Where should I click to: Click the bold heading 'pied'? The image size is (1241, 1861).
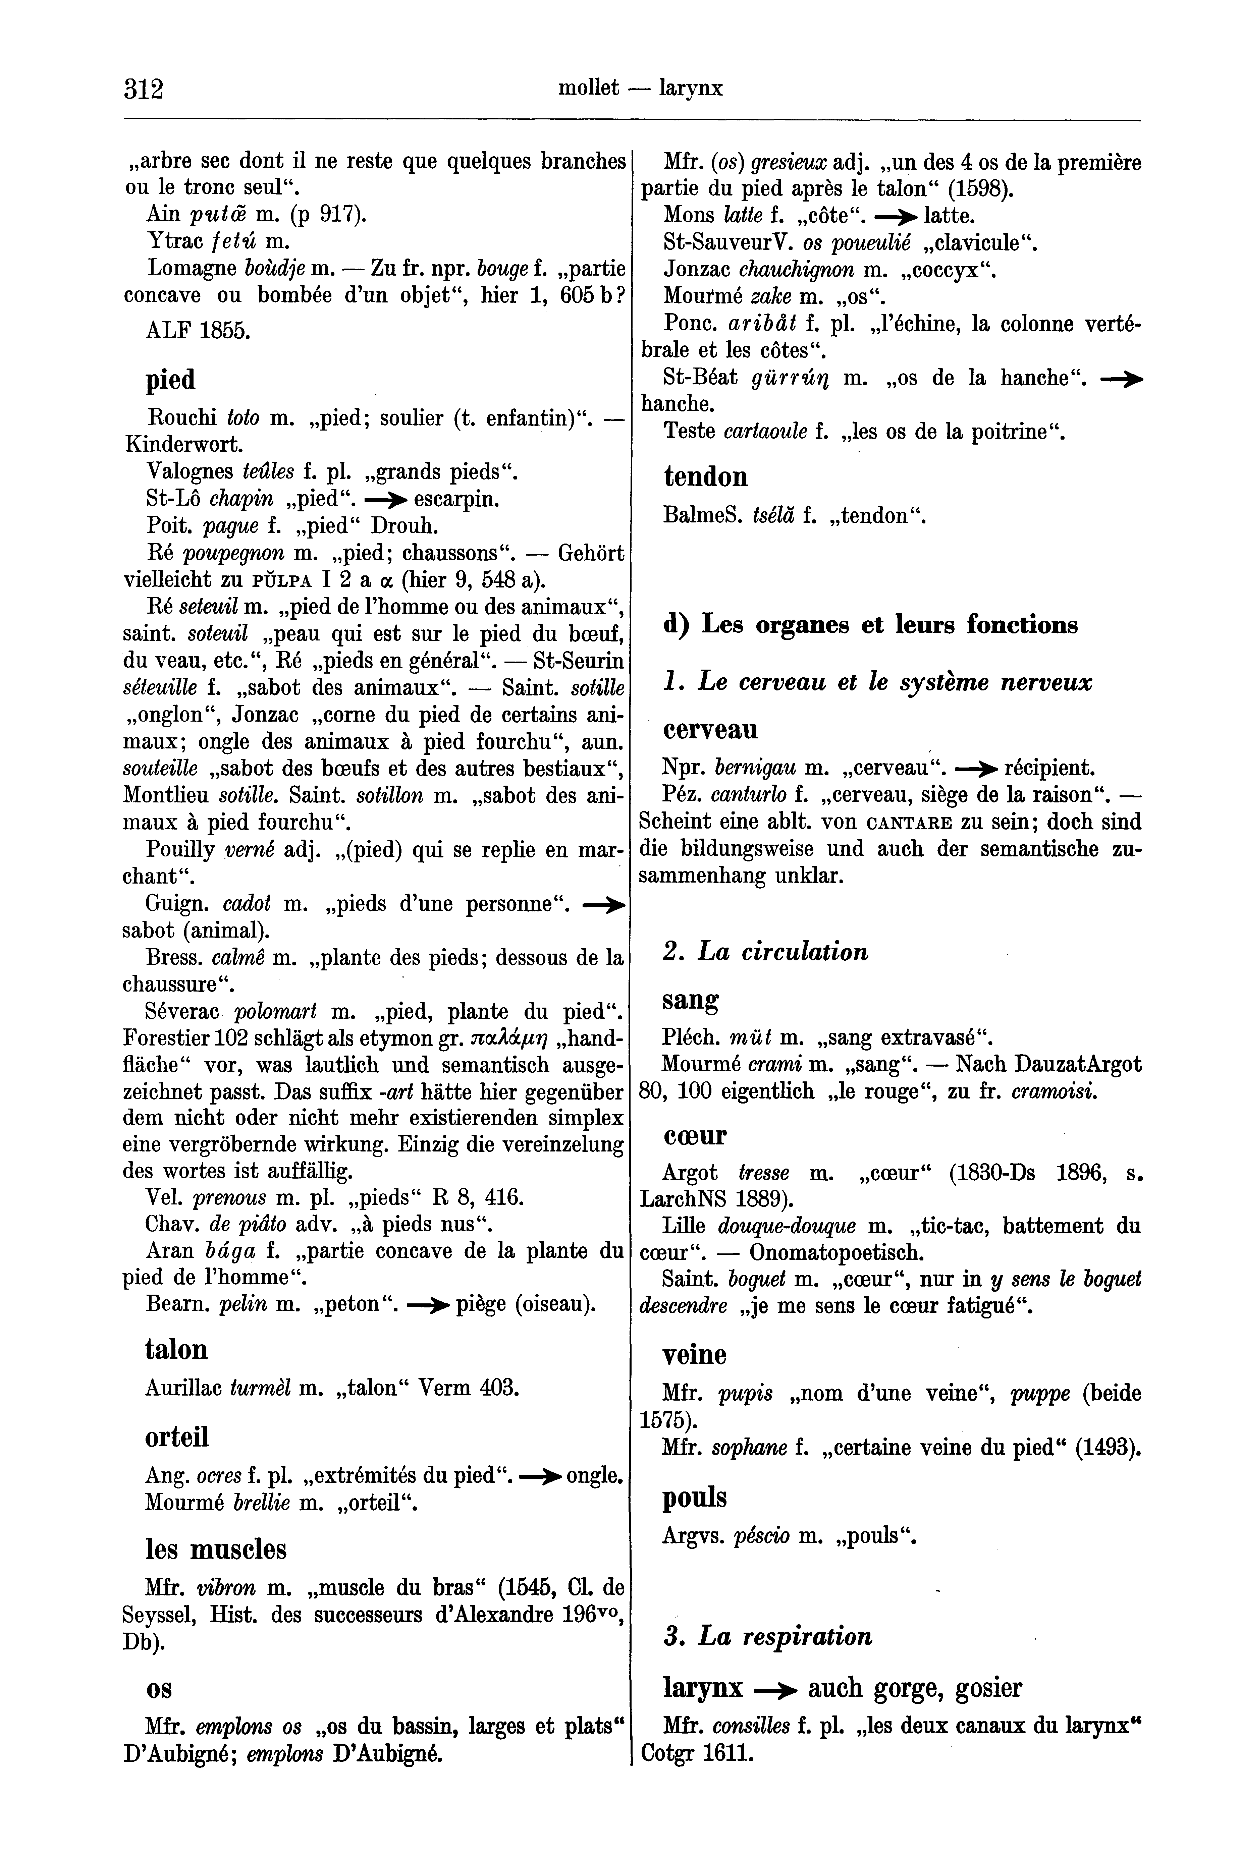point(170,381)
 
